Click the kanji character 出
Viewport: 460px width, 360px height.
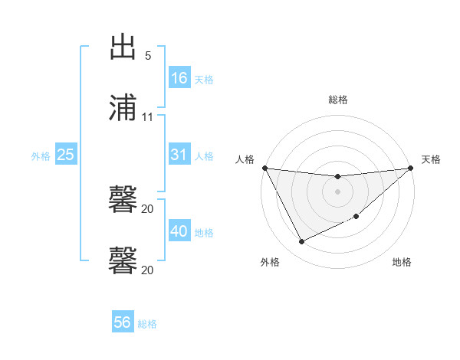(x=123, y=47)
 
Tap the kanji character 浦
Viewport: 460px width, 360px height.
(x=123, y=108)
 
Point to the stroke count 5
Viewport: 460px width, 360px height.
(x=148, y=56)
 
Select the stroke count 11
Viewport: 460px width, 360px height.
(x=148, y=117)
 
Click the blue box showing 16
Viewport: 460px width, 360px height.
(x=179, y=78)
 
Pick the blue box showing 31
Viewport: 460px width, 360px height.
(x=179, y=155)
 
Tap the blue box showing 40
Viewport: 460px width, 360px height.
(x=179, y=231)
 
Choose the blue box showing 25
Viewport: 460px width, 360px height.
(x=66, y=155)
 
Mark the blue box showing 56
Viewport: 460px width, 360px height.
(x=123, y=323)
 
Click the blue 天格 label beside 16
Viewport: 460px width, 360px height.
(x=204, y=79)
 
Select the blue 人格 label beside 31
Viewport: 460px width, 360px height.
(x=204, y=155)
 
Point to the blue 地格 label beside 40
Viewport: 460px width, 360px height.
(x=204, y=232)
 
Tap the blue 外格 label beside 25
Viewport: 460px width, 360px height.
(x=41, y=155)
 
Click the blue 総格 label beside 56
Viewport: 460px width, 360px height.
(x=147, y=324)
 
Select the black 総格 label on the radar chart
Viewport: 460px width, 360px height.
(x=338, y=100)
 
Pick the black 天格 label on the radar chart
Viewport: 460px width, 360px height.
(x=431, y=159)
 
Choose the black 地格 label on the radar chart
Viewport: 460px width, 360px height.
(x=402, y=263)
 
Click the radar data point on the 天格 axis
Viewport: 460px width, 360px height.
(x=410, y=168)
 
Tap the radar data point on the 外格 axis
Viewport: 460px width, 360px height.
(x=301, y=242)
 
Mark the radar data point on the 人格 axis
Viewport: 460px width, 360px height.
(x=264, y=168)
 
